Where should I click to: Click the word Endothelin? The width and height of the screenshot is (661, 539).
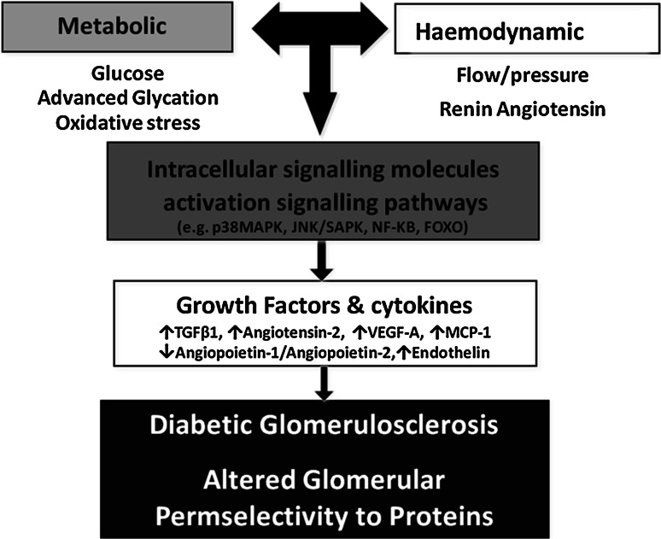448,350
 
